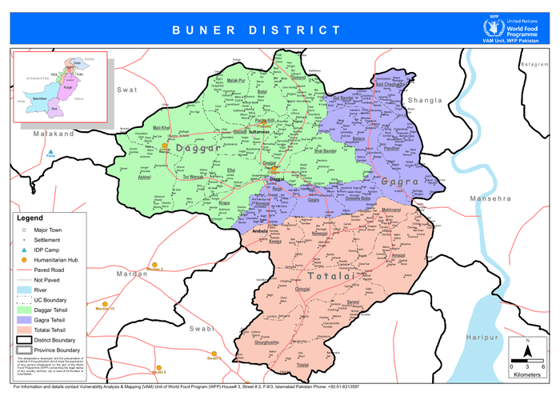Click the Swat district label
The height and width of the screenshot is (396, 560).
[x=127, y=90]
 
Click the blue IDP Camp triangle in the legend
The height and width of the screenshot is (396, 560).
[x=25, y=250]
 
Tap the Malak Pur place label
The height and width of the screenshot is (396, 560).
[x=236, y=81]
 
